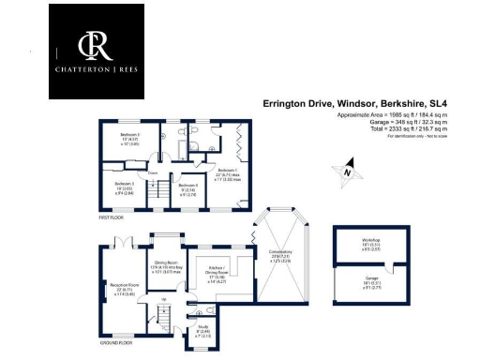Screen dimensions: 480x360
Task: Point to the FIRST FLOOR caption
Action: coord(112,217)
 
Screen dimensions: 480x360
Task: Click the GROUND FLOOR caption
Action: coord(113,342)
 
